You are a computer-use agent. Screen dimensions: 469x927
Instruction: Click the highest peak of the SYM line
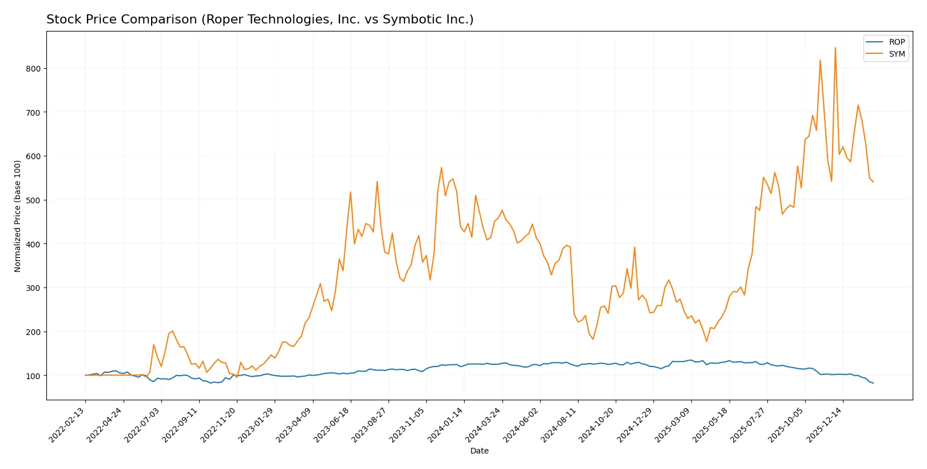835,48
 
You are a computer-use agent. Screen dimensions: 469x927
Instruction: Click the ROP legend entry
896,42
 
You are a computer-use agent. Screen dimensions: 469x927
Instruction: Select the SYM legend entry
896,54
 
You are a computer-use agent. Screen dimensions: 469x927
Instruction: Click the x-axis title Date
479,451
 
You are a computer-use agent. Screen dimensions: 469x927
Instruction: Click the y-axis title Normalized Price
18,216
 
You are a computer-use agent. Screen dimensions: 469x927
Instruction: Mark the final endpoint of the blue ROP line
873,383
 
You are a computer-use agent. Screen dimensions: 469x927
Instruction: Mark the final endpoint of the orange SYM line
873,182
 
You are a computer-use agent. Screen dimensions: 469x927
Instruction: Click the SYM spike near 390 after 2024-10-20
635,247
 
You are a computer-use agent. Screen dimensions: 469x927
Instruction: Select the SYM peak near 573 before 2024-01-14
441,168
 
